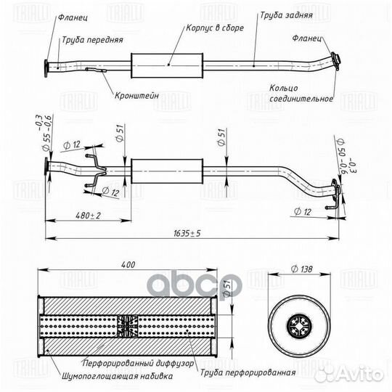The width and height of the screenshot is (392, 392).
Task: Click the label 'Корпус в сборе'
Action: point(215,28)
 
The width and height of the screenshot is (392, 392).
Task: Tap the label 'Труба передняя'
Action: point(92,40)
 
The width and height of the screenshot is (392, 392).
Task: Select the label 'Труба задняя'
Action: point(286,15)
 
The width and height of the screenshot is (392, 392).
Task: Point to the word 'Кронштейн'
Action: point(136,96)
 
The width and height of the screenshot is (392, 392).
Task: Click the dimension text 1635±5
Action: point(187,234)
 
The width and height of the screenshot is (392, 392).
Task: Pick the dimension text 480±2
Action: point(88,216)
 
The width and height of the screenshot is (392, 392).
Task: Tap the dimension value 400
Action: point(128,264)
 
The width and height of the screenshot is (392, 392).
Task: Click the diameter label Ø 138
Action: point(302,269)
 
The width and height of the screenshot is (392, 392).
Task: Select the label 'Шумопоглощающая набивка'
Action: point(117,376)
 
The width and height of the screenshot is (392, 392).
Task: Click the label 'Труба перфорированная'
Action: point(248,372)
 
